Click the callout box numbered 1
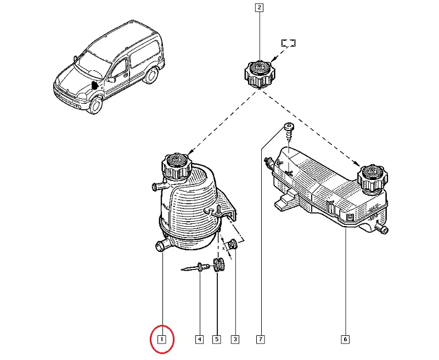pyautogui.click(x=162, y=339)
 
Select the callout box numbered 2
pyautogui.click(x=259, y=8)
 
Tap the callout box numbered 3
pyautogui.click(x=235, y=339)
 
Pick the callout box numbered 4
pyautogui.click(x=199, y=339)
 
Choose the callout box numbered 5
pyautogui.click(x=217, y=339)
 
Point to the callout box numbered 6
pyautogui.click(x=345, y=339)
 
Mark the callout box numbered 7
pyautogui.click(x=260, y=339)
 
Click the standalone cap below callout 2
pyautogui.click(x=260, y=74)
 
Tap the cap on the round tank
pyautogui.click(x=177, y=166)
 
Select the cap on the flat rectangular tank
pyautogui.click(x=373, y=179)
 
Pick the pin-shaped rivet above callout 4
pyautogui.click(x=195, y=268)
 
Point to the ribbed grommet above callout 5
pyautogui.click(x=219, y=265)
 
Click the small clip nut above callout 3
pyautogui.click(x=233, y=244)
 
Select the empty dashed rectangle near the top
pyautogui.click(x=289, y=43)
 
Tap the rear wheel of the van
pyautogui.click(x=151, y=75)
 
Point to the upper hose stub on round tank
pyautogui.click(x=159, y=185)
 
